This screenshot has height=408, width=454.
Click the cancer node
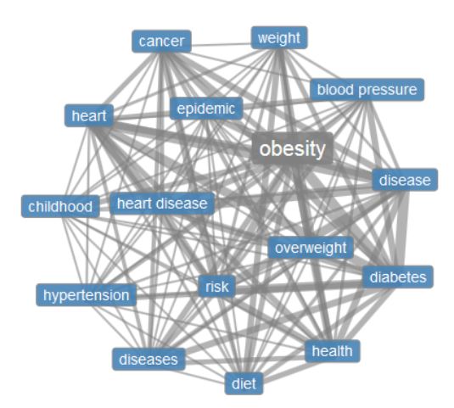point(161,42)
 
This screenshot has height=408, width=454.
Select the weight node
point(279,38)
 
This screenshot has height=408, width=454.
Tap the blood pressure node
point(367,90)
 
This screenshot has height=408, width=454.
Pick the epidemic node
point(206,109)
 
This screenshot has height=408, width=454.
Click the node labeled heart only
point(89,115)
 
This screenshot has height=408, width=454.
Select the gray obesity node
point(293,148)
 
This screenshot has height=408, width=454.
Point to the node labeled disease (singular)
point(405,180)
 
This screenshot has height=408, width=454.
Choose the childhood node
point(60,206)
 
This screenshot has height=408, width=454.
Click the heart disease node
point(162,204)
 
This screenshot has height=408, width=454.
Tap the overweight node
point(311,248)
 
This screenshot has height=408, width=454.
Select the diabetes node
point(398,277)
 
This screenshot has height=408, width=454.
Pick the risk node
point(217,287)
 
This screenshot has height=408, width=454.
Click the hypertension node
point(86,295)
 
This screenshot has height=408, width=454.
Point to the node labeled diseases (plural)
point(149,359)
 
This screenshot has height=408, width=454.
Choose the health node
point(333,351)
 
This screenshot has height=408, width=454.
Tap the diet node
point(244,383)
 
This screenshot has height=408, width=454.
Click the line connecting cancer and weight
point(221,45)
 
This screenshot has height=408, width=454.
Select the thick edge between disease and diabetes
point(401,228)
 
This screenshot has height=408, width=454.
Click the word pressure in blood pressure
point(388,90)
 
